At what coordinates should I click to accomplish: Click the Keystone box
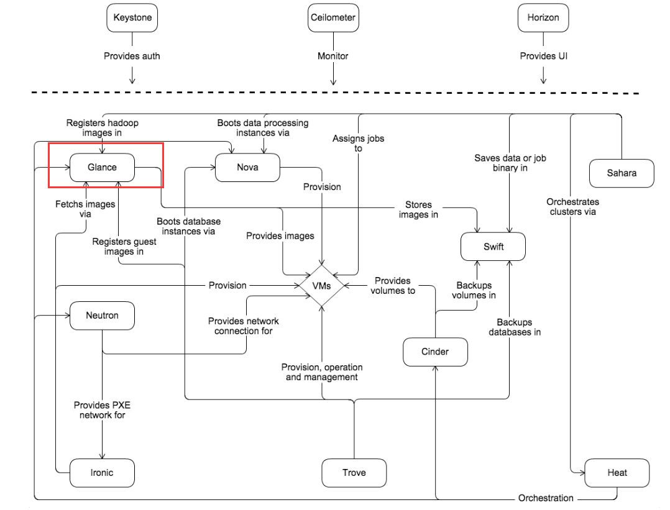tap(132, 18)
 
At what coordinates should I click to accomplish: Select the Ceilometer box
tap(333, 18)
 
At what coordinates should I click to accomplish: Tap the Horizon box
tap(544, 18)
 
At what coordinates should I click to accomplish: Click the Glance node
tap(102, 168)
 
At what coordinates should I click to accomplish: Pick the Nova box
tap(247, 168)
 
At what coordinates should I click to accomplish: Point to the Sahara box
tap(622, 173)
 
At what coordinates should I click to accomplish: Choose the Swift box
tap(493, 247)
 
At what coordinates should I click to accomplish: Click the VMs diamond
tap(321, 286)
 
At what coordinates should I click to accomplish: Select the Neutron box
tap(102, 315)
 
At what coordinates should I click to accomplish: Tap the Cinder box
tap(435, 352)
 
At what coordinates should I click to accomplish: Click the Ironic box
tap(102, 473)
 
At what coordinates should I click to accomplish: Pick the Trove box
tap(354, 473)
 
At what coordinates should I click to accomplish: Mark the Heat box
tap(617, 473)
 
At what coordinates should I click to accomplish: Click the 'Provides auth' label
tap(132, 56)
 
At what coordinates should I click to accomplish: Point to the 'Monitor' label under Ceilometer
tap(333, 56)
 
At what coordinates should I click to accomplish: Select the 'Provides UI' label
tap(544, 56)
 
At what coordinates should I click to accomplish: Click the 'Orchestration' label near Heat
tap(546, 498)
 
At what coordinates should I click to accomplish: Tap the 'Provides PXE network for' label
tap(102, 410)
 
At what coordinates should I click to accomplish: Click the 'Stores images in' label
tap(418, 209)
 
